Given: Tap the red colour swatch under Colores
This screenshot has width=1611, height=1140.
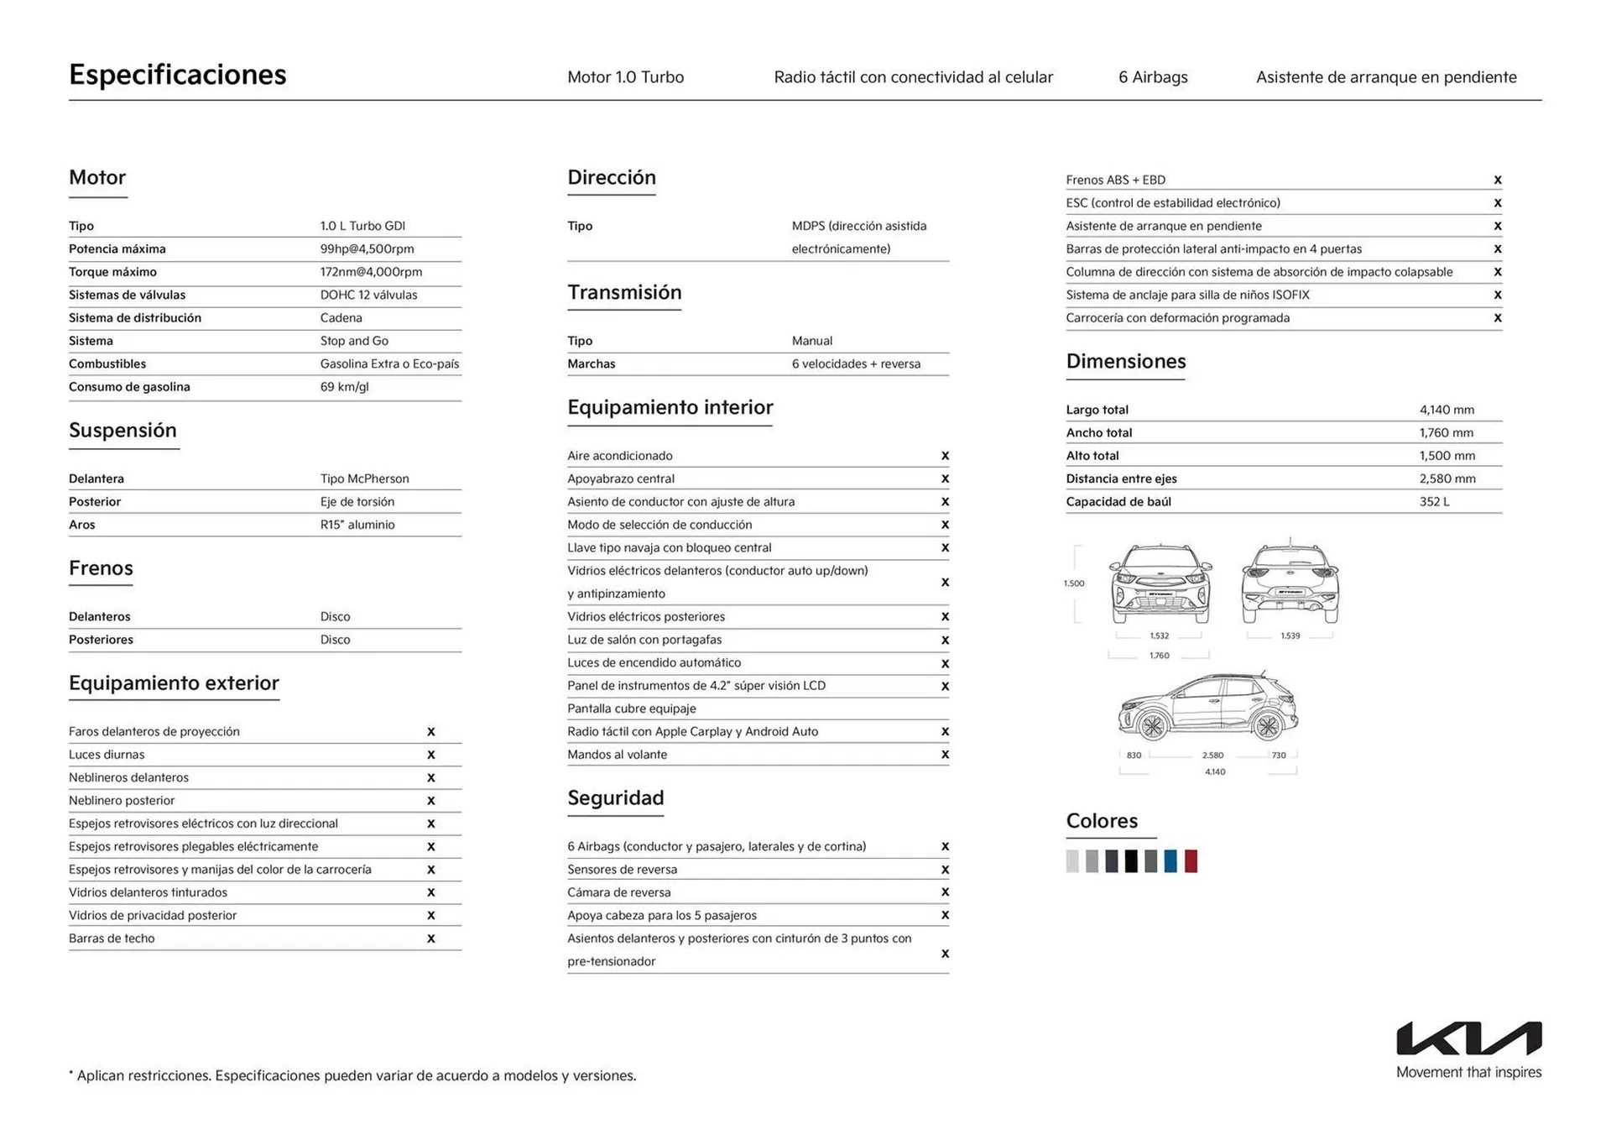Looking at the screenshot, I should point(1191,860).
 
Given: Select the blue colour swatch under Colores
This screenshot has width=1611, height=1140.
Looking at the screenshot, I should point(1170,860).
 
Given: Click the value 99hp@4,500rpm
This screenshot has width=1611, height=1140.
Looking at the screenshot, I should point(367,248).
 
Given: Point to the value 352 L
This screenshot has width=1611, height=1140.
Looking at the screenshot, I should point(1434,501).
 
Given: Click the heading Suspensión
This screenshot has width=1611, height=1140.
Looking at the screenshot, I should point(123,430).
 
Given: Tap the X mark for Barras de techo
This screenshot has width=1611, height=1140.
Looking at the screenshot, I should point(430,939).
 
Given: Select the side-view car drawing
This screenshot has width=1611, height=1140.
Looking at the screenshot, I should point(1207,707).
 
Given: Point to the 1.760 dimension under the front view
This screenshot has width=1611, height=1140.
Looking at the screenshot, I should point(1159,655).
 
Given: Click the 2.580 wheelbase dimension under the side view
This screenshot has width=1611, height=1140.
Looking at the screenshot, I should point(1212,755).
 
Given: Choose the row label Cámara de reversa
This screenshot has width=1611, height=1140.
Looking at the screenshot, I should point(618,892).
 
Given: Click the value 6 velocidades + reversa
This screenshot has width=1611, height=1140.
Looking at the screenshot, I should point(856,363).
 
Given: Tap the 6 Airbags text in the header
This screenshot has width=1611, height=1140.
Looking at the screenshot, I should point(1153,77).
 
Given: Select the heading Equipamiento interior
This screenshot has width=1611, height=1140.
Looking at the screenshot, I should point(670,407).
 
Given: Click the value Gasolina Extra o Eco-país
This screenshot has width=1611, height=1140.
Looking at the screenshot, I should point(389,363).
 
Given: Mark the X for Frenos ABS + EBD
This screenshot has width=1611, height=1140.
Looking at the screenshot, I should point(1497,180).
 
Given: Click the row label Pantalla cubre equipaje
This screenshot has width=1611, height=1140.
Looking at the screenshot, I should point(631,709).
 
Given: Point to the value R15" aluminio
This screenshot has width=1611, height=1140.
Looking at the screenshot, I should point(357,525).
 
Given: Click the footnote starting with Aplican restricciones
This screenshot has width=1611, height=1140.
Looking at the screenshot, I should point(352,1075).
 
